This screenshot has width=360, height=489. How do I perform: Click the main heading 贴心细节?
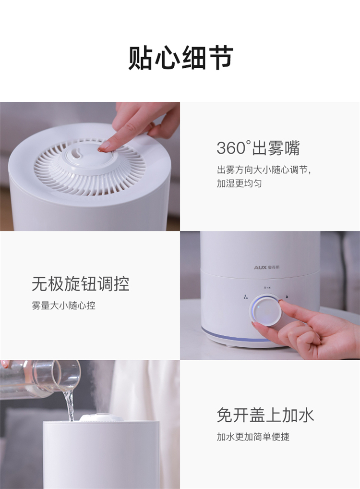[180, 58]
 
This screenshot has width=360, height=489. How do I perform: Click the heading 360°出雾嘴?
[258, 148]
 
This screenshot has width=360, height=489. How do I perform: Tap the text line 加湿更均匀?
[239, 183]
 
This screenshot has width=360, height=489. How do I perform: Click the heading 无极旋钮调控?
[81, 284]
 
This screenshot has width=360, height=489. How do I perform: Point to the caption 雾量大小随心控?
[63, 306]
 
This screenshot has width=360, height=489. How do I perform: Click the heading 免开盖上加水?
[265, 415]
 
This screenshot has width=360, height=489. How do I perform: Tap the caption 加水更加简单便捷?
[253, 437]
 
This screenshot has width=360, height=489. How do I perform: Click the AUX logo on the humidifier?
[266, 267]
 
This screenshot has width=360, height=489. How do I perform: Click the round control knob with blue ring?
[266, 310]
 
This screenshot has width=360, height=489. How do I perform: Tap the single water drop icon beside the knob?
[287, 297]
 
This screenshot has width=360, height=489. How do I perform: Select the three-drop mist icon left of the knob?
[246, 297]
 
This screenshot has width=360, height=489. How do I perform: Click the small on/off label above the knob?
[265, 287]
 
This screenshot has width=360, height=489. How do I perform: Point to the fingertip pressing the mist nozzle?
[104, 147]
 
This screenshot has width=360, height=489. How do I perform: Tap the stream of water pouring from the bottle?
[70, 405]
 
